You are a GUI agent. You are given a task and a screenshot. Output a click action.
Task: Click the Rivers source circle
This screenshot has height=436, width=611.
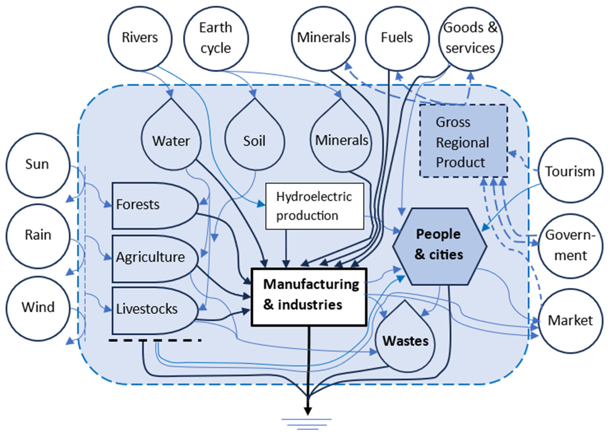(140, 38)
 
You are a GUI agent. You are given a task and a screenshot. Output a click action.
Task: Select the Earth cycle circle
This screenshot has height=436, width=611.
(216, 38)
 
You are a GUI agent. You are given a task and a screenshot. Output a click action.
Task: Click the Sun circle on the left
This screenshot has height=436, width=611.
(38, 165)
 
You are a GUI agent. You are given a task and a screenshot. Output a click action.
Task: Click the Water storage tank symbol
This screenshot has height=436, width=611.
(171, 141)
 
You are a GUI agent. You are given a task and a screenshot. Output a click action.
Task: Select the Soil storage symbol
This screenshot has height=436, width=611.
(254, 141)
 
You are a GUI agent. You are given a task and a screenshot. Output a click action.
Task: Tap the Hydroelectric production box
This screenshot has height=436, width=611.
(315, 206)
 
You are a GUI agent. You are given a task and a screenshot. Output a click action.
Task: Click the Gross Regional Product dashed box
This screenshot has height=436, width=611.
(463, 141)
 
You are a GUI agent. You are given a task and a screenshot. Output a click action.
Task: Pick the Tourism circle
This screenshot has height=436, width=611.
(570, 171)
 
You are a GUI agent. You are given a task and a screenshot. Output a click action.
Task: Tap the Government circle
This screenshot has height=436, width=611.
(570, 245)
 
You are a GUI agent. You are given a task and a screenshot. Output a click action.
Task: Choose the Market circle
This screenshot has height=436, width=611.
(570, 320)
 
